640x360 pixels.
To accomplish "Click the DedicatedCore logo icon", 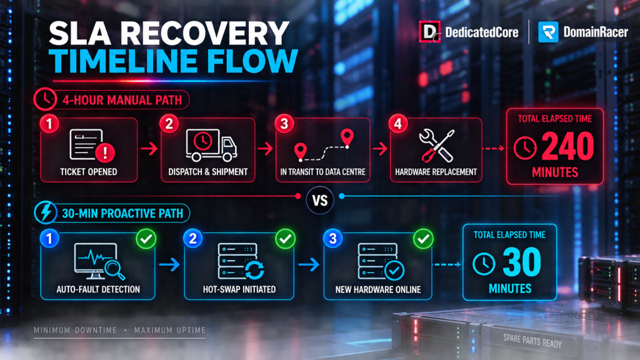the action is pyautogui.click(x=430, y=32).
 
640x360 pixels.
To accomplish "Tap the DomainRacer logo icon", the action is pyautogui.click(x=548, y=32).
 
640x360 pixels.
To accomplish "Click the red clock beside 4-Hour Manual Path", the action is pyautogui.click(x=45, y=99).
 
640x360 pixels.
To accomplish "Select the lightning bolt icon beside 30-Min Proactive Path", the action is pyautogui.click(x=46, y=212).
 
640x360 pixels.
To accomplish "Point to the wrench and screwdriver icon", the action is pyautogui.click(x=436, y=146).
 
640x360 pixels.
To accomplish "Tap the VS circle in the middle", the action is pyautogui.click(x=320, y=200).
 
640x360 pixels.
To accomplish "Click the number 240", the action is pyautogui.click(x=567, y=146).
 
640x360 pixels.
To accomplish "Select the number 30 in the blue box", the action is pyautogui.click(x=522, y=262).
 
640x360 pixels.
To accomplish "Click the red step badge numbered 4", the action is pyautogui.click(x=398, y=124).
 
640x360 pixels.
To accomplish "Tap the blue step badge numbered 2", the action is pyautogui.click(x=193, y=238).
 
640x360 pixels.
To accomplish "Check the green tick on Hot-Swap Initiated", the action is pyautogui.click(x=285, y=239).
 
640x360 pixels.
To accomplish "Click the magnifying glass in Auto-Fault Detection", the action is pyautogui.click(x=114, y=269).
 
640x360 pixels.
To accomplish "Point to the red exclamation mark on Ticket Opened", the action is pyautogui.click(x=105, y=152).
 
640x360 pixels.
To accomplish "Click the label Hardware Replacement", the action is pyautogui.click(x=436, y=172).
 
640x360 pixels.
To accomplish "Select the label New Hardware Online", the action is pyautogui.click(x=378, y=289).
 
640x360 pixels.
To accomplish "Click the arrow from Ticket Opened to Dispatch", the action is pyautogui.click(x=149, y=149).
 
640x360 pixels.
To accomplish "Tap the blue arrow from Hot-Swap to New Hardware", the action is pyautogui.click(x=309, y=264).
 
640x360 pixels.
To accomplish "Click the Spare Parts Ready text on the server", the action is pyautogui.click(x=532, y=341).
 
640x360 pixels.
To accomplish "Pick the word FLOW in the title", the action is pyautogui.click(x=252, y=61).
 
